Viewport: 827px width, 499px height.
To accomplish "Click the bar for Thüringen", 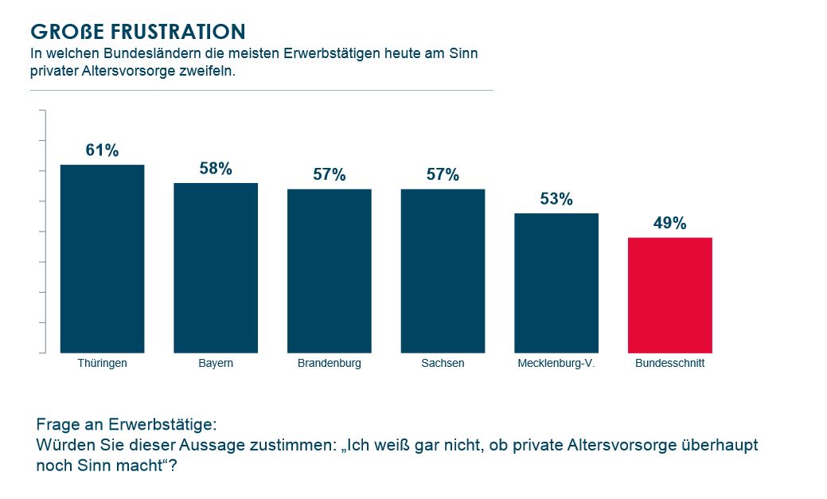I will (102, 259).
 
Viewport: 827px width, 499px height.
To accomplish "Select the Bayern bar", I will (216, 267).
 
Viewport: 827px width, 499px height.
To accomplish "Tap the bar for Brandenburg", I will (329, 271).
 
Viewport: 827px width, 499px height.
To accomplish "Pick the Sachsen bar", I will (443, 271).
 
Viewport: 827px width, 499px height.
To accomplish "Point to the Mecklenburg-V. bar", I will (556, 283).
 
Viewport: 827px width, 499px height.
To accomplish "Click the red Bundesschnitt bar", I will (669, 294).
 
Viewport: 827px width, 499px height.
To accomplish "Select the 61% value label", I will (102, 150).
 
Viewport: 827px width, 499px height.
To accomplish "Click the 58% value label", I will (216, 169).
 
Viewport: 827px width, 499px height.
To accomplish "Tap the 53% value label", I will (556, 199).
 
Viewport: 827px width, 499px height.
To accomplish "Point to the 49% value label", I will (669, 224).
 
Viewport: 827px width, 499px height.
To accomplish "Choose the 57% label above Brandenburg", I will (329, 175).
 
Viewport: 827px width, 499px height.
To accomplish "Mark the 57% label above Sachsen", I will (443, 175).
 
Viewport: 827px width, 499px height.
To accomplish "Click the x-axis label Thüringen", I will (102, 364).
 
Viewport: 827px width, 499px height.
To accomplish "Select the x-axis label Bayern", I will (216, 364).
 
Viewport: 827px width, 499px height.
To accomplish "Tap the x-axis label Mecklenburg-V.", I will (556, 364).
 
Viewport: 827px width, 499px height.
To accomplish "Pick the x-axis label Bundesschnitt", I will (669, 364).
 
